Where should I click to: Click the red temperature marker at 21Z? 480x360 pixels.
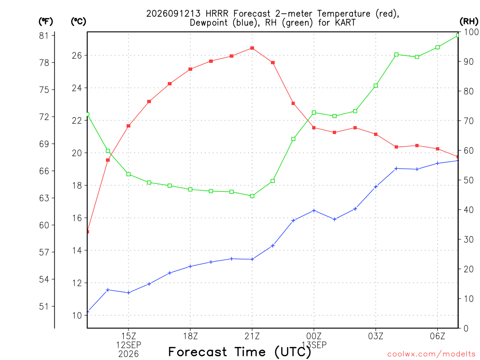pyautogui.click(x=252, y=48)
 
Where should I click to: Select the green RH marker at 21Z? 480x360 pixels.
pyautogui.click(x=252, y=196)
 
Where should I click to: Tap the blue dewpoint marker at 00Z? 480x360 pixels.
pyautogui.click(x=314, y=210)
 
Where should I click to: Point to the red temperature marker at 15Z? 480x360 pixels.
pyautogui.click(x=128, y=126)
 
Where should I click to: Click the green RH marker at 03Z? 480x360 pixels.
pyautogui.click(x=375, y=86)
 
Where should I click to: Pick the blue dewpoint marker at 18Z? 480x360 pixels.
pyautogui.click(x=190, y=266)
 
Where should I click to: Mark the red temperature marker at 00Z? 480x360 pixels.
pyautogui.click(x=314, y=127)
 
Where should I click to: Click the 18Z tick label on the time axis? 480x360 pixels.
pyautogui.click(x=190, y=336)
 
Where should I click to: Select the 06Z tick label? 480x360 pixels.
pyautogui.click(x=437, y=336)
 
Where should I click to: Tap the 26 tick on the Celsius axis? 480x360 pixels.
pyautogui.click(x=77, y=55)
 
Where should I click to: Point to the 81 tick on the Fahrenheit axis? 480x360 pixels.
pyautogui.click(x=44, y=36)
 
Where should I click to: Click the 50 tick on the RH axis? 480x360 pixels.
pyautogui.click(x=468, y=180)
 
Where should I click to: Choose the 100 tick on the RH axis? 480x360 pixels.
pyautogui.click(x=472, y=32)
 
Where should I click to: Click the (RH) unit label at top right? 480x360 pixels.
pyautogui.click(x=469, y=21)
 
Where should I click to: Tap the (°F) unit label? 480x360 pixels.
pyautogui.click(x=45, y=22)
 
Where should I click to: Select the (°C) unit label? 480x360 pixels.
pyautogui.click(x=78, y=22)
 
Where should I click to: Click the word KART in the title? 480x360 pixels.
pyautogui.click(x=345, y=22)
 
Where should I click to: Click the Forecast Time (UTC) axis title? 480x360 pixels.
pyautogui.click(x=240, y=352)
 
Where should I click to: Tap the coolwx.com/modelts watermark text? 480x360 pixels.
pyautogui.click(x=431, y=354)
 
